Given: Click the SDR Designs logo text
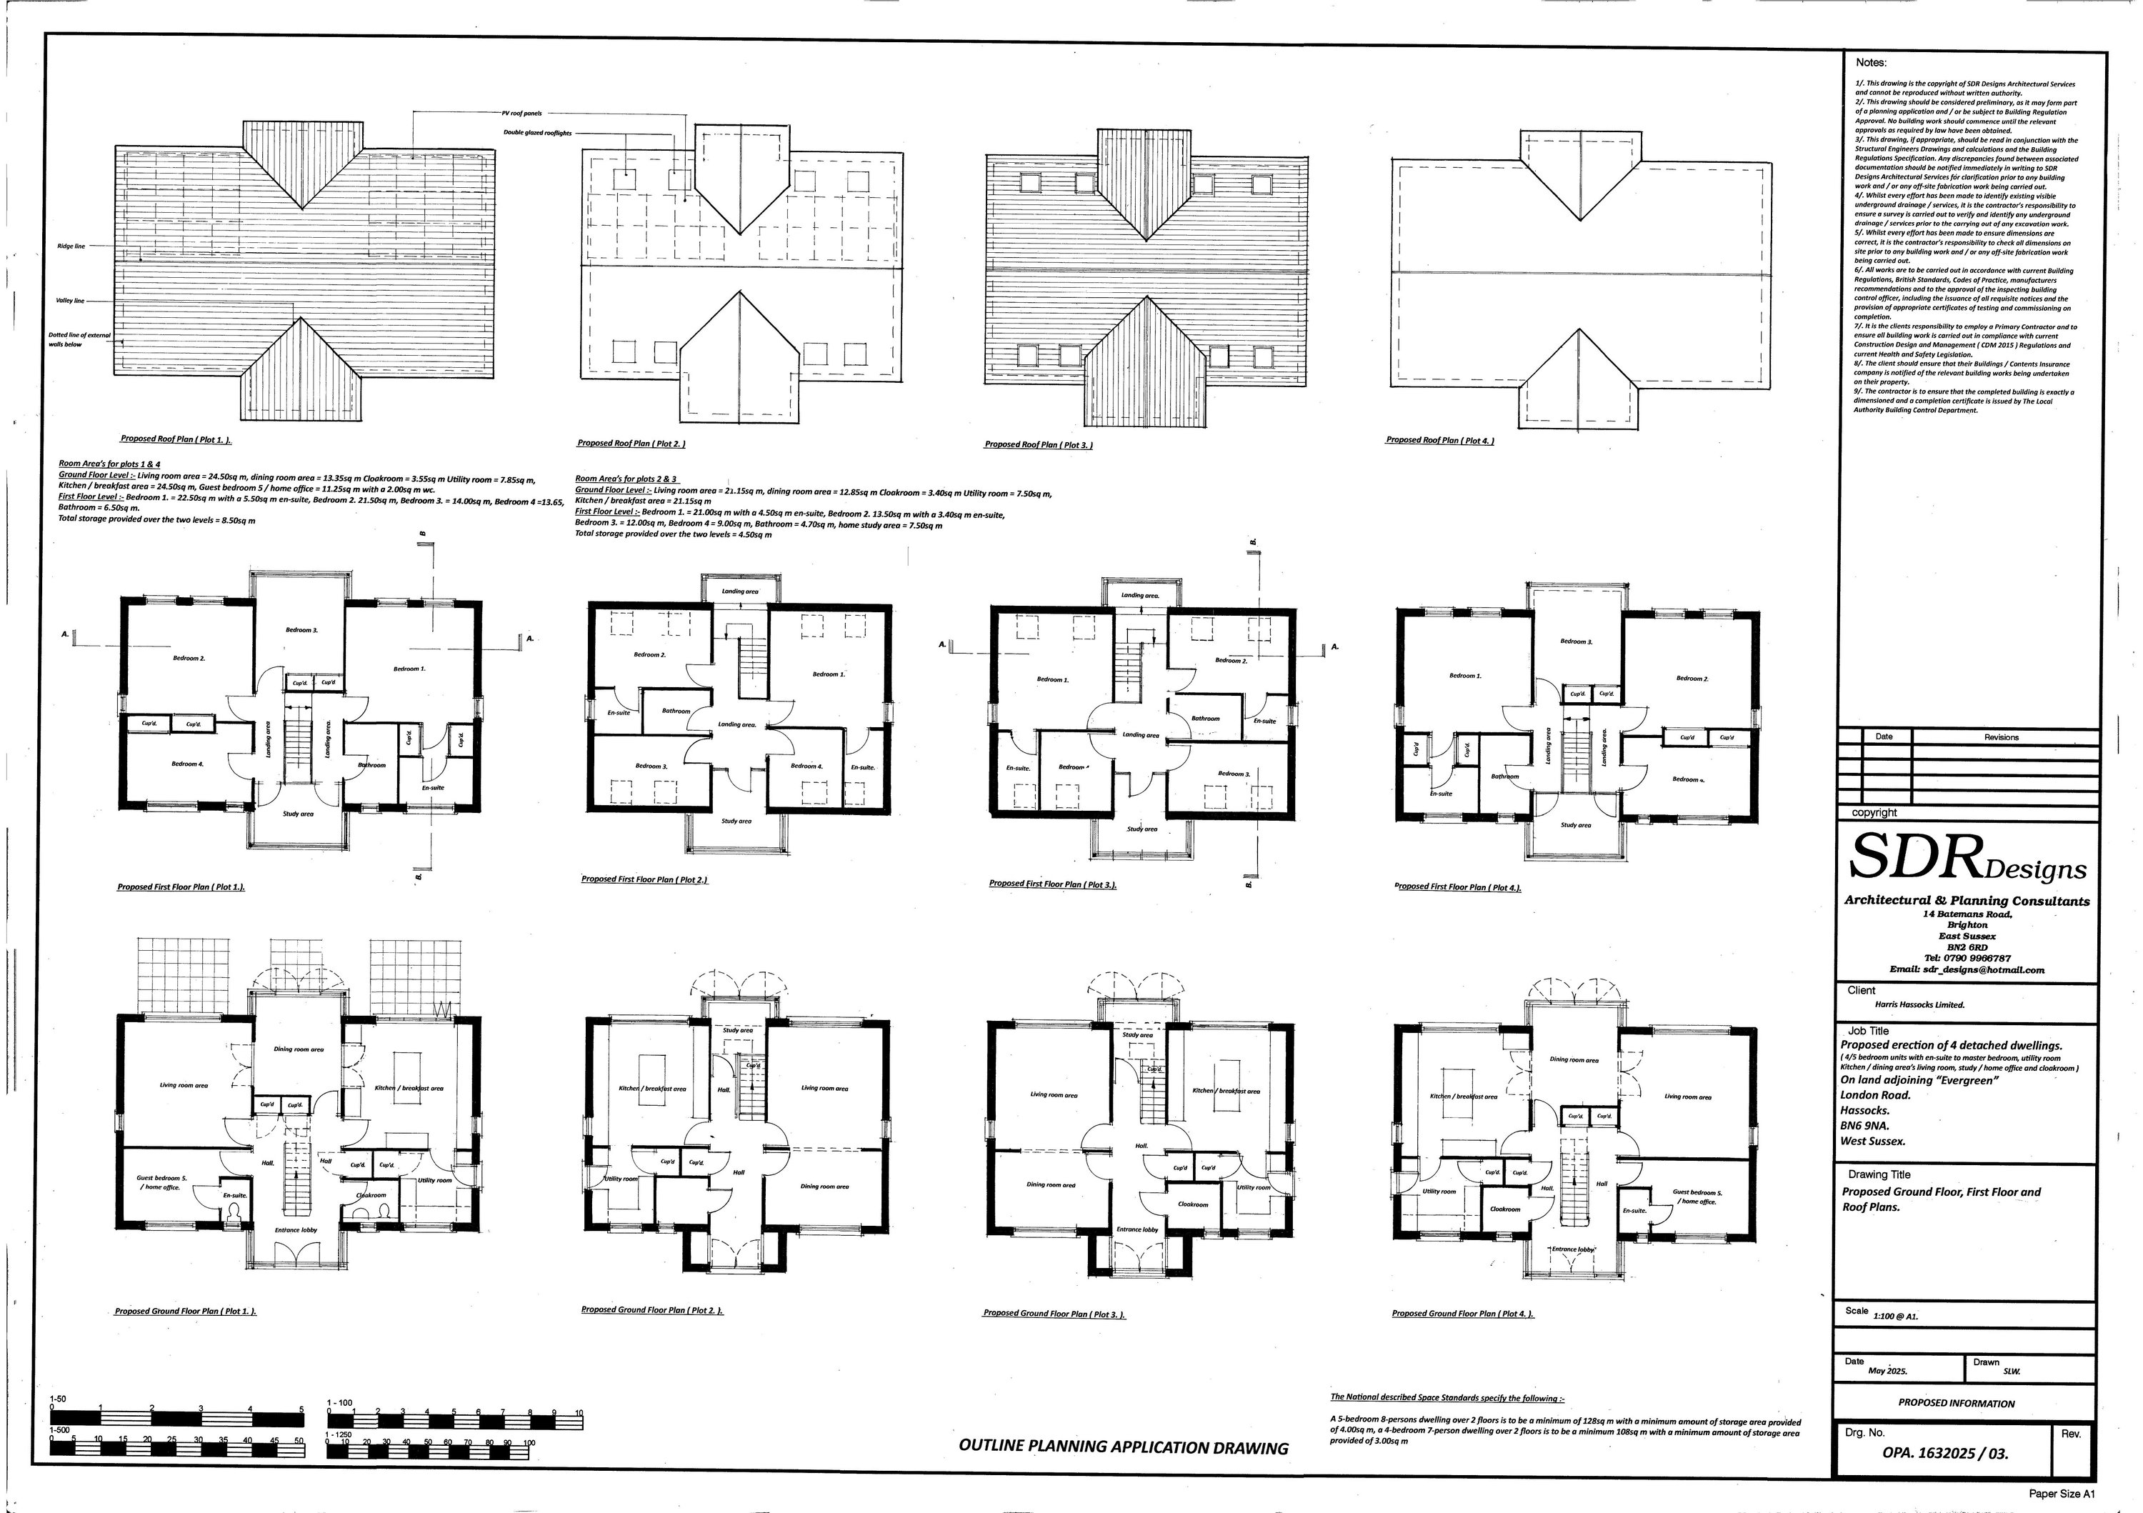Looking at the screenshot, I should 1967,858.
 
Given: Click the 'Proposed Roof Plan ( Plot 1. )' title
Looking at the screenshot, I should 176,439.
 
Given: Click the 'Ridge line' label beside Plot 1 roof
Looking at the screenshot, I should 71,246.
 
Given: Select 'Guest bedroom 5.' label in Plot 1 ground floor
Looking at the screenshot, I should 161,1179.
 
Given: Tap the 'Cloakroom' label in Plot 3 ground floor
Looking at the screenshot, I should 1192,1204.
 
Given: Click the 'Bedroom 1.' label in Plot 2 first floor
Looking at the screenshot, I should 829,674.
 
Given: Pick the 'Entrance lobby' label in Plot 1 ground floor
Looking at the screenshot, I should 296,1230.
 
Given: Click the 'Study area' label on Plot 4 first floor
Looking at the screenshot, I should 1576,825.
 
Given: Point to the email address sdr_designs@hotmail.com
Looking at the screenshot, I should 1967,970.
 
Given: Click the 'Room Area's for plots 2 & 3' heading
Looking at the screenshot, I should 625,479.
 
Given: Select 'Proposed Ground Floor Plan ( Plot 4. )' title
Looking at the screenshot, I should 1462,1313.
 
